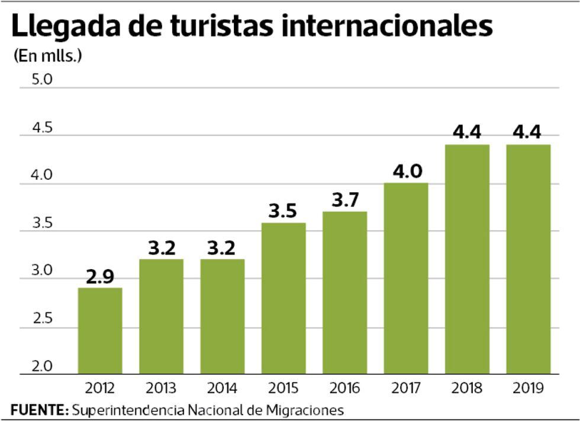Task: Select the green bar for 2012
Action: (x=100, y=331)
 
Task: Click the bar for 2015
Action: (x=283, y=299)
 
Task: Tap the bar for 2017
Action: (x=406, y=278)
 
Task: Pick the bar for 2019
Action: (x=528, y=260)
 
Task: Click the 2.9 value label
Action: (x=100, y=277)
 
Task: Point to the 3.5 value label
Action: (x=283, y=212)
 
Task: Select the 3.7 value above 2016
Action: (x=344, y=200)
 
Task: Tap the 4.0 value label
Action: (x=406, y=171)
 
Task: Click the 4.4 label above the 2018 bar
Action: (x=467, y=133)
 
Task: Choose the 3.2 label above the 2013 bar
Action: (x=162, y=248)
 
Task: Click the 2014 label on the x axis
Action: (x=223, y=388)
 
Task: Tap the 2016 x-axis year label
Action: (x=344, y=388)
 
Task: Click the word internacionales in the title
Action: (x=387, y=27)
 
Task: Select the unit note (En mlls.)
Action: (x=47, y=57)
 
